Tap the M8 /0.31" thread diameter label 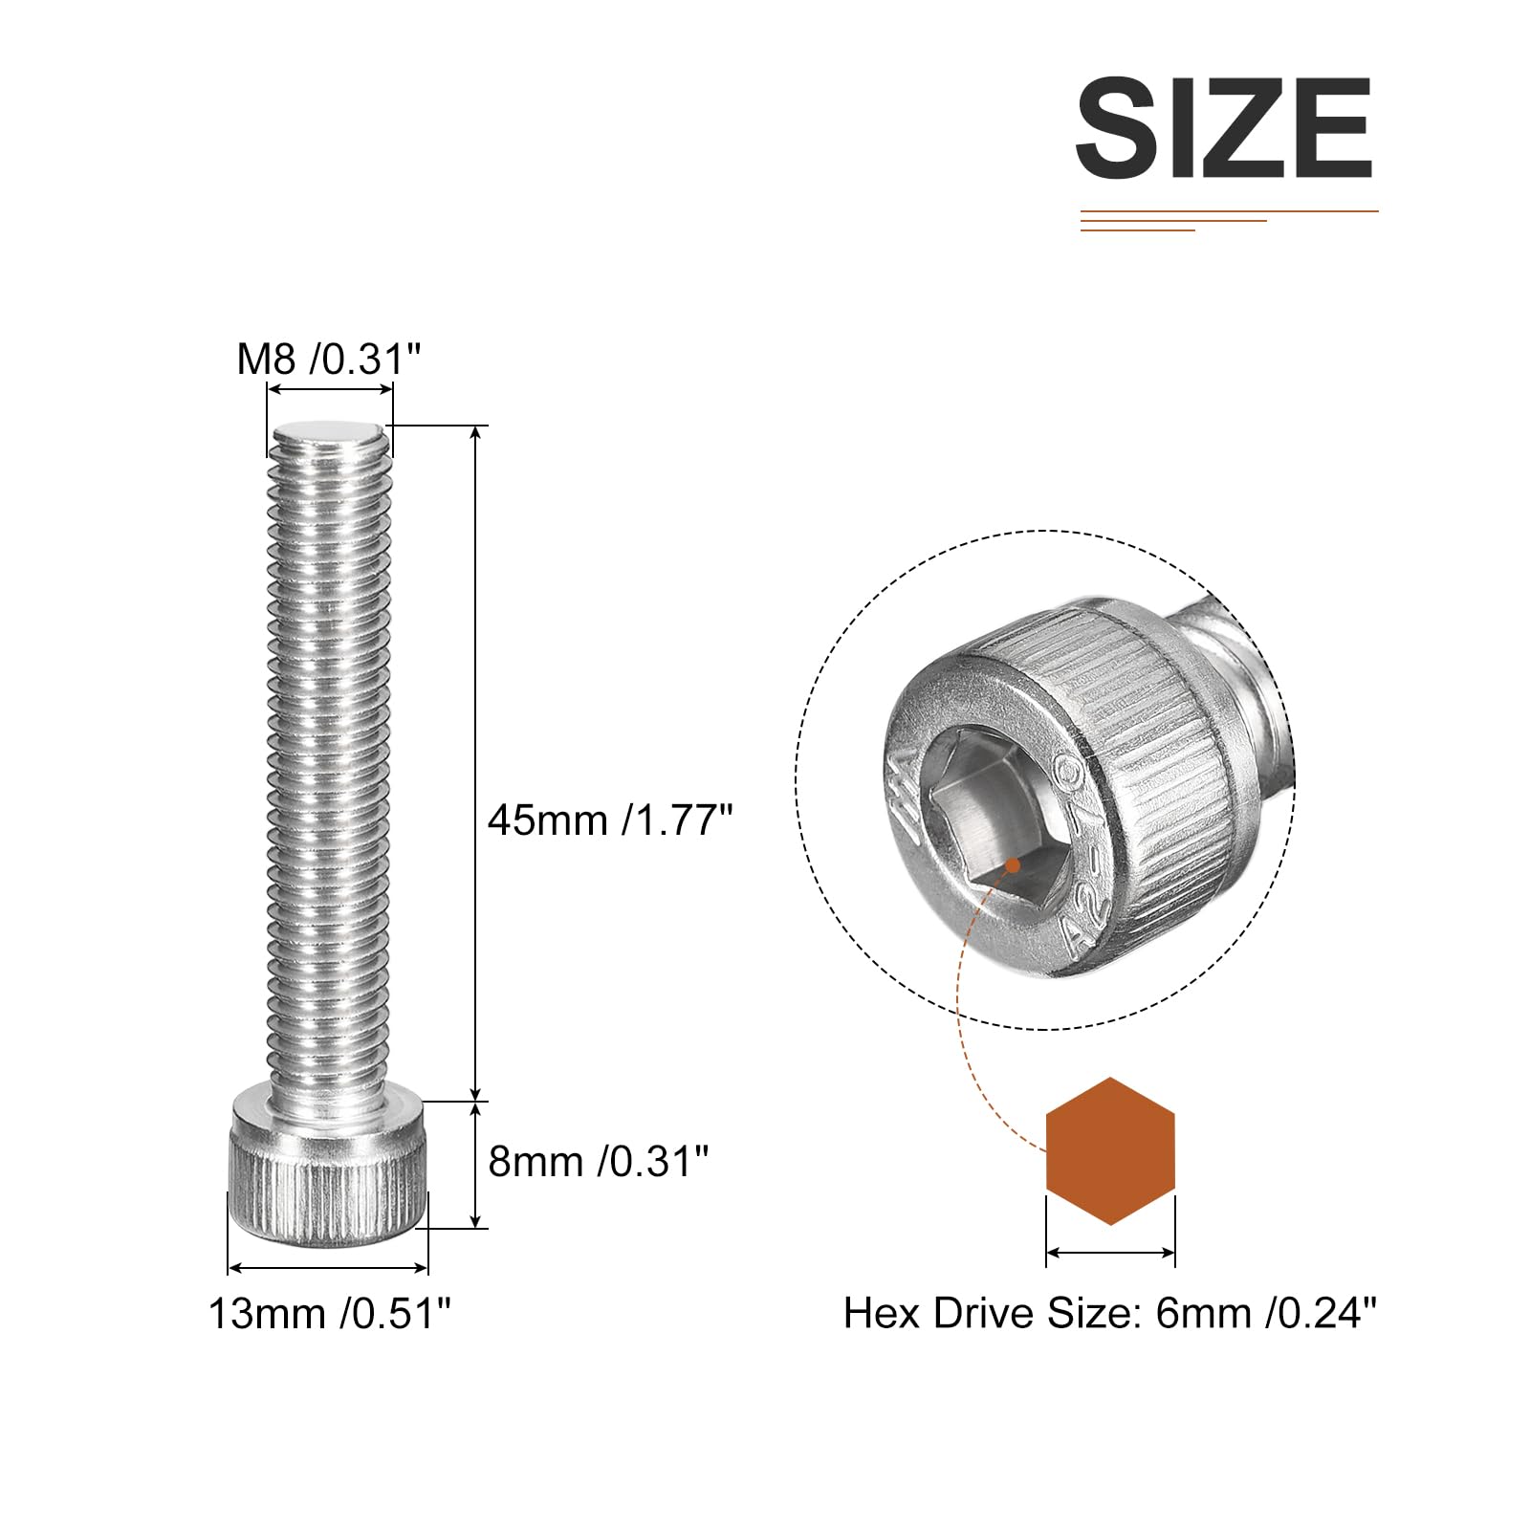pos(329,361)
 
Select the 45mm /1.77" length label pos(610,820)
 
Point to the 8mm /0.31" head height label pos(599,1162)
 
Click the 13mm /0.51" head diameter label pos(329,1314)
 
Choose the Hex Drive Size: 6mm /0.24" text pos(1110,1313)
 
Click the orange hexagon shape pos(1110,1151)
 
